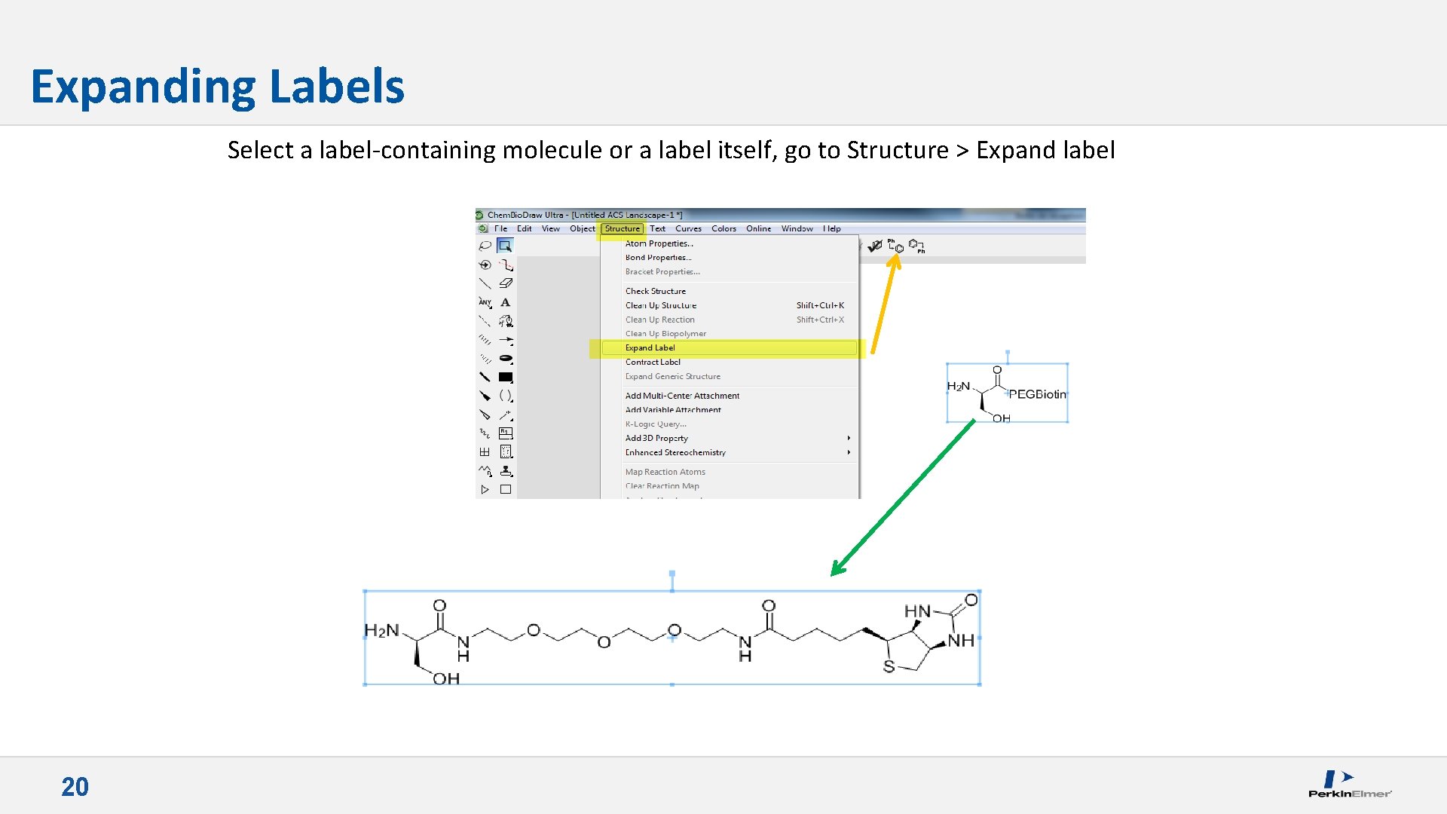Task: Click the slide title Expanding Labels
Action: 217,87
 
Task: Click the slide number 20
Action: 75,787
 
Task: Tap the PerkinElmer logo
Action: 1349,784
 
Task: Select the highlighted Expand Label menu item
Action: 650,347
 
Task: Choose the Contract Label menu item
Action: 653,362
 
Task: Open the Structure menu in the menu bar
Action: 622,228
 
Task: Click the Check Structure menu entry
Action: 655,291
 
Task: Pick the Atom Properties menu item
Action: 659,243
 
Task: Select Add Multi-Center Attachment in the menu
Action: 682,396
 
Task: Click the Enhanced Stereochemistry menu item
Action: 675,452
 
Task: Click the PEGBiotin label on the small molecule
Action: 1037,394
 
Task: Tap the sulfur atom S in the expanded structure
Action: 889,667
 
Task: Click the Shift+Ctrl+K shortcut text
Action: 820,305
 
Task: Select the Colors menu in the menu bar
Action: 723,228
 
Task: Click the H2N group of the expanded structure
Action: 381,630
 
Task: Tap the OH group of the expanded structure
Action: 446,678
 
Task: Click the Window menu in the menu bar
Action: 797,228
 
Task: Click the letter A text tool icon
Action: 506,302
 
